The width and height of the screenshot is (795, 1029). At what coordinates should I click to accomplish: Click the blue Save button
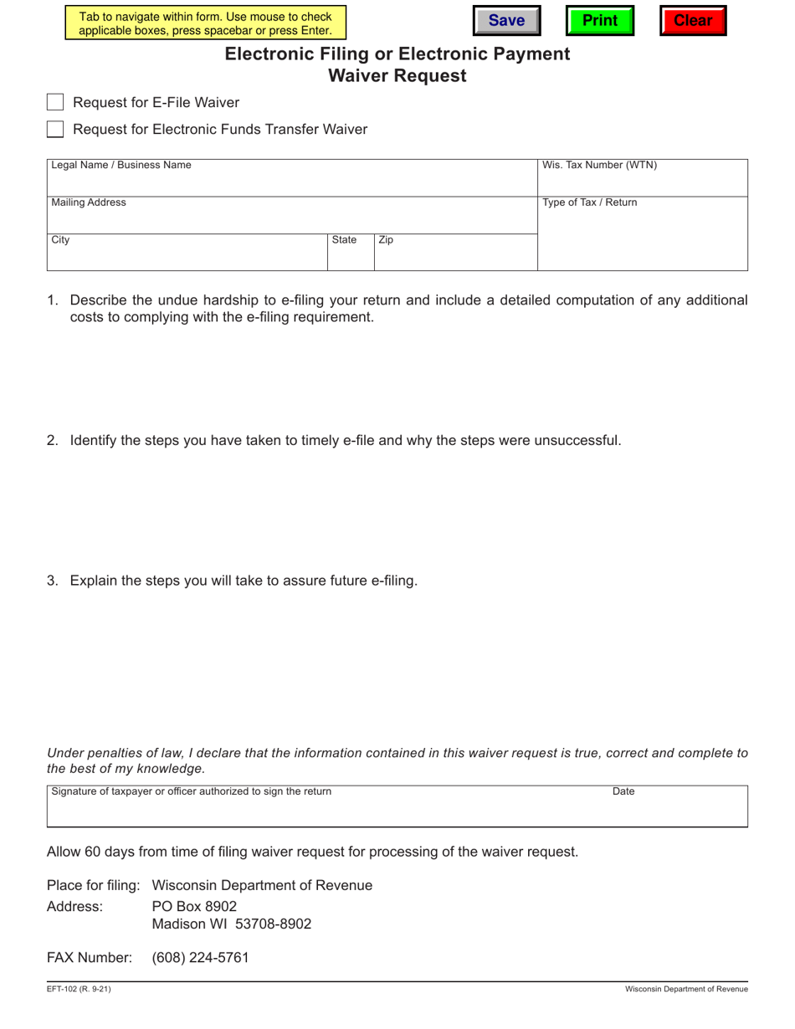click(x=505, y=21)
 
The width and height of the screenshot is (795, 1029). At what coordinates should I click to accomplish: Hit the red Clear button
click(x=692, y=21)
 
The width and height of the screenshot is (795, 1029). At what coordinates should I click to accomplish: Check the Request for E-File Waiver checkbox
click(x=55, y=103)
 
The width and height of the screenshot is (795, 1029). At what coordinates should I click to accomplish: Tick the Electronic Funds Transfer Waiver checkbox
click(x=55, y=130)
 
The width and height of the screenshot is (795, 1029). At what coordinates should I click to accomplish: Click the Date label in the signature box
click(x=623, y=791)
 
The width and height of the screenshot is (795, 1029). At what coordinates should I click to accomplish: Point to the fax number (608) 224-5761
click(x=200, y=958)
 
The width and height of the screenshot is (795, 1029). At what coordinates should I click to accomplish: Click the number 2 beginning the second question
click(x=52, y=441)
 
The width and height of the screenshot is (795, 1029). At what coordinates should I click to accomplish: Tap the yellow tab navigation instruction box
click(x=205, y=23)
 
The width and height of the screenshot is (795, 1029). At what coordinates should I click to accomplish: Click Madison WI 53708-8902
click(x=231, y=924)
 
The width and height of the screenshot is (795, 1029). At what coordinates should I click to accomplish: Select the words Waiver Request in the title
click(x=397, y=76)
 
